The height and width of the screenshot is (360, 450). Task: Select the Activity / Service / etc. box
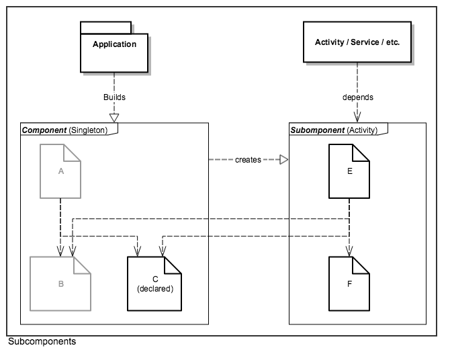pos(357,42)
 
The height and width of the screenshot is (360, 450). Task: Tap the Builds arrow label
pos(114,97)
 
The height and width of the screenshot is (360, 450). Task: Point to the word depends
pos(357,97)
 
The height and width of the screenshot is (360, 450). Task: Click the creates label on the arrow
pos(249,160)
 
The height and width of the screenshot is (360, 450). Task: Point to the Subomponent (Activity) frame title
pos(334,129)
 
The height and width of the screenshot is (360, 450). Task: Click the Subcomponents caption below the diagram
pos(42,342)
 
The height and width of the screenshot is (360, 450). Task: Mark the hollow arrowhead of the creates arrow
pos(283,160)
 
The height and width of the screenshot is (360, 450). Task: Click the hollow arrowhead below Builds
pos(114,118)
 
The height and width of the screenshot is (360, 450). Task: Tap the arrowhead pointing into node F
pos(349,253)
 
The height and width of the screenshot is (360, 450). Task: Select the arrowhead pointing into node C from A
pos(137,253)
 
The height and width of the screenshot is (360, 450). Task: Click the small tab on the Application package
pos(105,27)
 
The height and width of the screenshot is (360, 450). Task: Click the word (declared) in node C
pos(155,289)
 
